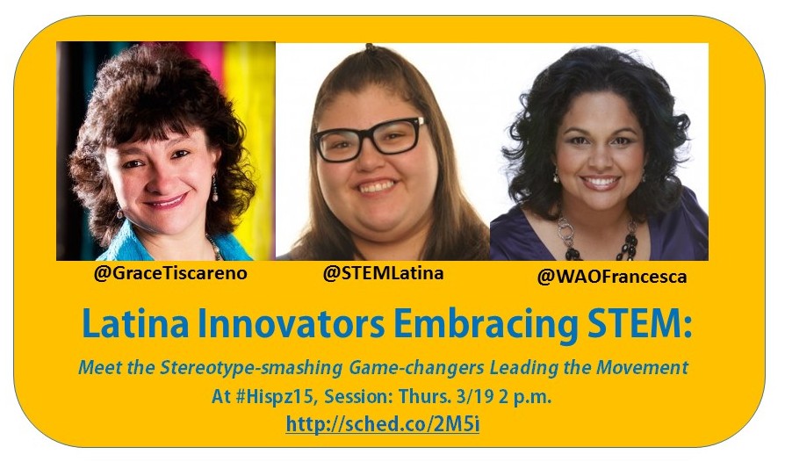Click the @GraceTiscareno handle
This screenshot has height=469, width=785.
pos(170,273)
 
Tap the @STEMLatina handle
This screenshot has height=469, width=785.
pos(383,273)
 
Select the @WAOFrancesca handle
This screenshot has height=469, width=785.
pos(612,277)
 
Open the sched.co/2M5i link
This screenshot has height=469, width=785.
pos(383,424)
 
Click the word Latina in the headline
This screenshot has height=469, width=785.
pos(135,324)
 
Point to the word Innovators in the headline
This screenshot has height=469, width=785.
pos(291,324)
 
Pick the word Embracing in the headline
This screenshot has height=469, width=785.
pos(486,325)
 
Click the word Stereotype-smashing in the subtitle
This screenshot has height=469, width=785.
pos(251,368)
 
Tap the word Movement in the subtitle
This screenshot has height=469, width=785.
pos(643,368)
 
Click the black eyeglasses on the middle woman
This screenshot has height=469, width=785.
pos(370,139)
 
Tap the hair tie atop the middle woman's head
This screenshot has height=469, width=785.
pos(370,47)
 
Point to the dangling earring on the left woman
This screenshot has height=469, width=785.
pos(215,188)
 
